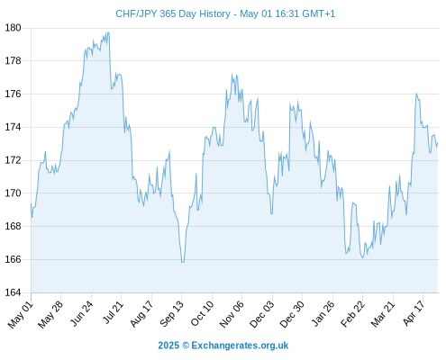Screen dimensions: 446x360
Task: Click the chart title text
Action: (225, 13)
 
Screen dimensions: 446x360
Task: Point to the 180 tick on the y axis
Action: (13, 28)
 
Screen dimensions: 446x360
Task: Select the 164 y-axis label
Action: (13, 292)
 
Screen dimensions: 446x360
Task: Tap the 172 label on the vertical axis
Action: (13, 160)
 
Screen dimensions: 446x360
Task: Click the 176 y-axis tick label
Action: (13, 94)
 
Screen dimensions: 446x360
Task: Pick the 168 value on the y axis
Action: (13, 226)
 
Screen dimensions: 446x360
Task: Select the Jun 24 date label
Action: (81, 313)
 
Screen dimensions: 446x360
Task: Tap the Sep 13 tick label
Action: (171, 313)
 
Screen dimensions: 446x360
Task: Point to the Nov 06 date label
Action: (232, 314)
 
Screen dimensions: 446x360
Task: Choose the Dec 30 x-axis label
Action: (292, 314)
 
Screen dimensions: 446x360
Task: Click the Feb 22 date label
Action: (352, 313)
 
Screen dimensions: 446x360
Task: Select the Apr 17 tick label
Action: (414, 313)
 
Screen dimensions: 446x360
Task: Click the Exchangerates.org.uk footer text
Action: (240, 346)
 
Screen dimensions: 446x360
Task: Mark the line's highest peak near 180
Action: (108, 32)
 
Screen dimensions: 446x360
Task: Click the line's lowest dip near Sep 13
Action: (182, 262)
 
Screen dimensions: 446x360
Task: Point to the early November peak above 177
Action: (232, 74)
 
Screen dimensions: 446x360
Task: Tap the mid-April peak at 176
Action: (416, 94)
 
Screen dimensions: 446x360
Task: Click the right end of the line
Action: (438, 143)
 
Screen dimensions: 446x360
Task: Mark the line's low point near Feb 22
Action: (363, 257)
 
